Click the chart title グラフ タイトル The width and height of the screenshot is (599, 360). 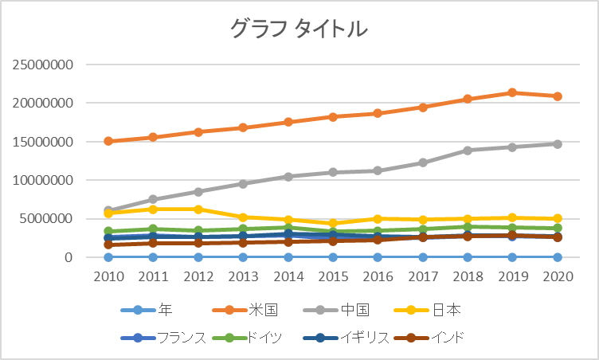(299, 29)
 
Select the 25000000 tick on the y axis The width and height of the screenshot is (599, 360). (43, 65)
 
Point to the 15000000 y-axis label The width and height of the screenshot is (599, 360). (43, 142)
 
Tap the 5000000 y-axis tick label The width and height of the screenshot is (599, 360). (46, 218)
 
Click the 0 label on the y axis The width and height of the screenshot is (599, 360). (69, 257)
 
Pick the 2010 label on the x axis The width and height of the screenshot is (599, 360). (108, 276)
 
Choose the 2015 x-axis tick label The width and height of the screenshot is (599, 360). (333, 276)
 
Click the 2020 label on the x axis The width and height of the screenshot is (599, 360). (558, 276)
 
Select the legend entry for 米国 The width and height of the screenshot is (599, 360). (245, 310)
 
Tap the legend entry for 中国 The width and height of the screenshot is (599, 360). (337, 310)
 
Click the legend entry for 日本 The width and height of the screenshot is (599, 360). (428, 310)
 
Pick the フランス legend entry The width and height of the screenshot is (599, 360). (163, 338)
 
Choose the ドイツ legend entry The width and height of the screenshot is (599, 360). (247, 338)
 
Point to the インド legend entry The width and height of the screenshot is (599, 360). (429, 338)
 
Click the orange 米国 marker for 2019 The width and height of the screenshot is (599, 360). (513, 92)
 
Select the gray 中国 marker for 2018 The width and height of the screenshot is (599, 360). (468, 151)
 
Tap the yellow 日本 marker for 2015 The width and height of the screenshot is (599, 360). (333, 223)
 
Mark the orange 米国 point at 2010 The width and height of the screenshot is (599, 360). (108, 141)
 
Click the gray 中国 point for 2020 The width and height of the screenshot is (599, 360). (558, 144)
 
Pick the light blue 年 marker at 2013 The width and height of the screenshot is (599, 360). (243, 257)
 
